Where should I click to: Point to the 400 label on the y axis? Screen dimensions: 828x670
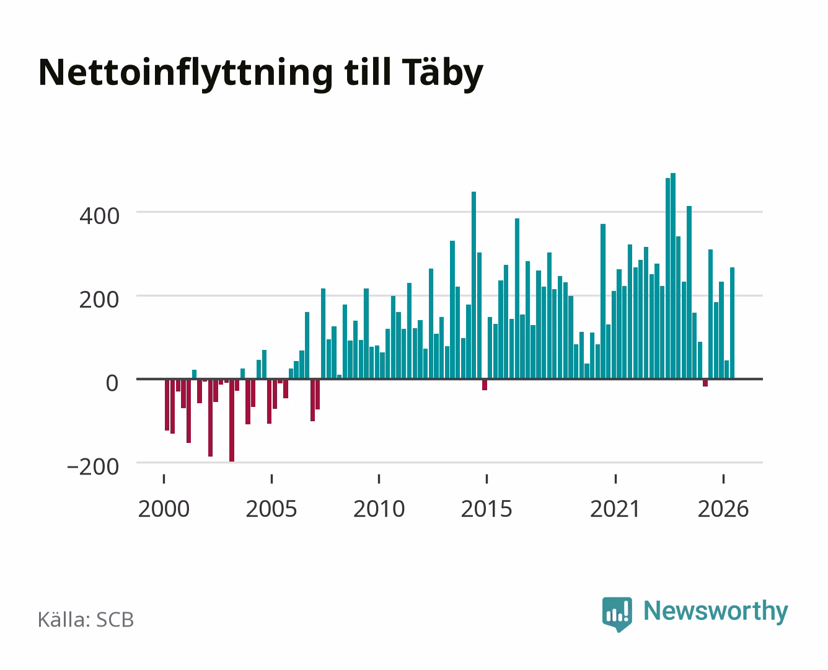point(99,216)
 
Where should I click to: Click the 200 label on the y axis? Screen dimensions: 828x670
point(99,300)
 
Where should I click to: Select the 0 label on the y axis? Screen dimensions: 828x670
point(112,383)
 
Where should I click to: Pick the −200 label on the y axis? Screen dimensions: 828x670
point(93,467)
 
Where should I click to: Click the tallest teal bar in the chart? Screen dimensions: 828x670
point(673,276)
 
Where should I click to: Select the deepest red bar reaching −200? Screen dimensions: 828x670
point(232,420)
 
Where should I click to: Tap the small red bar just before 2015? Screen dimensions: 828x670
point(485,385)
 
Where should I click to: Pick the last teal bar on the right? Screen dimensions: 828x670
point(732,323)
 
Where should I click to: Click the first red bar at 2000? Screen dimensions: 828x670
point(167,405)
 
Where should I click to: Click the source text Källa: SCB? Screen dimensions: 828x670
point(86,619)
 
